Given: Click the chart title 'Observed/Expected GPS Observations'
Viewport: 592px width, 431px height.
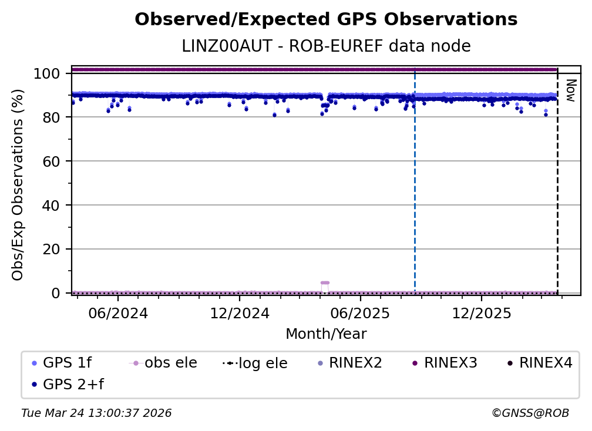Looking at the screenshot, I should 326,20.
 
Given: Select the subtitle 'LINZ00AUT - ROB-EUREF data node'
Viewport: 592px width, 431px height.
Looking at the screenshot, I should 326,46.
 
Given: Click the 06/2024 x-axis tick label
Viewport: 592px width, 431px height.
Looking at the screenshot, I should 118,313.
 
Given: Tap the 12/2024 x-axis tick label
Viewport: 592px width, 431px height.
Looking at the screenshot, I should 240,313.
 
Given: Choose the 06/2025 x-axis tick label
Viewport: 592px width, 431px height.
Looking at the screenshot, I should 361,313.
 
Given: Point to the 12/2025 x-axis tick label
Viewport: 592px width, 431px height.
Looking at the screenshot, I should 482,313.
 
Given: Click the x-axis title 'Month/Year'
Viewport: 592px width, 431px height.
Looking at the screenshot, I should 326,334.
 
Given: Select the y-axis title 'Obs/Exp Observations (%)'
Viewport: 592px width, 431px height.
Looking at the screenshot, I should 18,184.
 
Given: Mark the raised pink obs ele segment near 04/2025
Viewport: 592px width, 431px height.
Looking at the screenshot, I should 325,282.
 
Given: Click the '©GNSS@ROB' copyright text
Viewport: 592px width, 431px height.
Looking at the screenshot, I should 530,413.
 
